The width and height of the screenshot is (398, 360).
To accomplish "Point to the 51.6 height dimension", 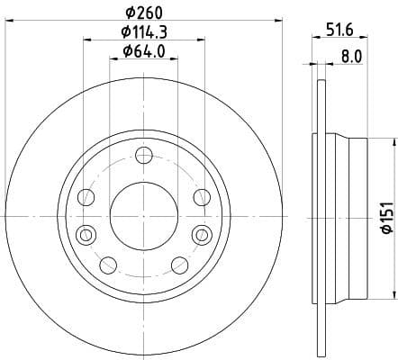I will tap(339, 30).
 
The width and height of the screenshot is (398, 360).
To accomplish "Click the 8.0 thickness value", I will tap(351, 55).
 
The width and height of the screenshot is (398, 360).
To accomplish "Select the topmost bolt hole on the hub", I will tap(142, 157).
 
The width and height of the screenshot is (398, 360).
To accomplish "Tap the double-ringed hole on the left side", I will tap(86, 235).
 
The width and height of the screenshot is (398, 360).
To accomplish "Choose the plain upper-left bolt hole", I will tap(86, 197).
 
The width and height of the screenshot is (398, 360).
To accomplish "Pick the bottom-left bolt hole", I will tap(107, 265).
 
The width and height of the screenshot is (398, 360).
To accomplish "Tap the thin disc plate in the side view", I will tap(317, 216).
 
